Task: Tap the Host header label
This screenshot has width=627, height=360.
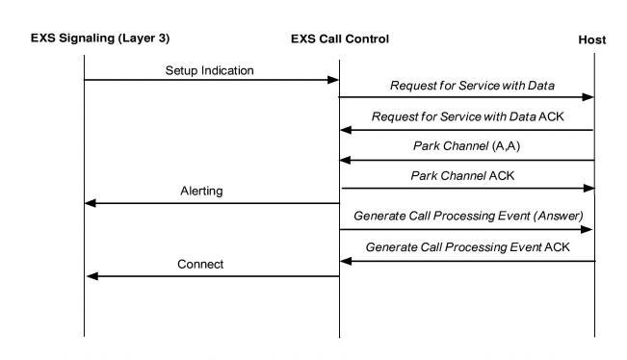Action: click(x=591, y=39)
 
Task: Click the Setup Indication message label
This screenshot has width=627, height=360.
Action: click(x=210, y=69)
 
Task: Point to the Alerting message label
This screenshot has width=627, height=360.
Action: click(x=201, y=192)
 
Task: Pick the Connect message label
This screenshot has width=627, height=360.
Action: click(x=201, y=265)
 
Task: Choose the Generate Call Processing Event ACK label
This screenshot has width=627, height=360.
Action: click(x=466, y=248)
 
